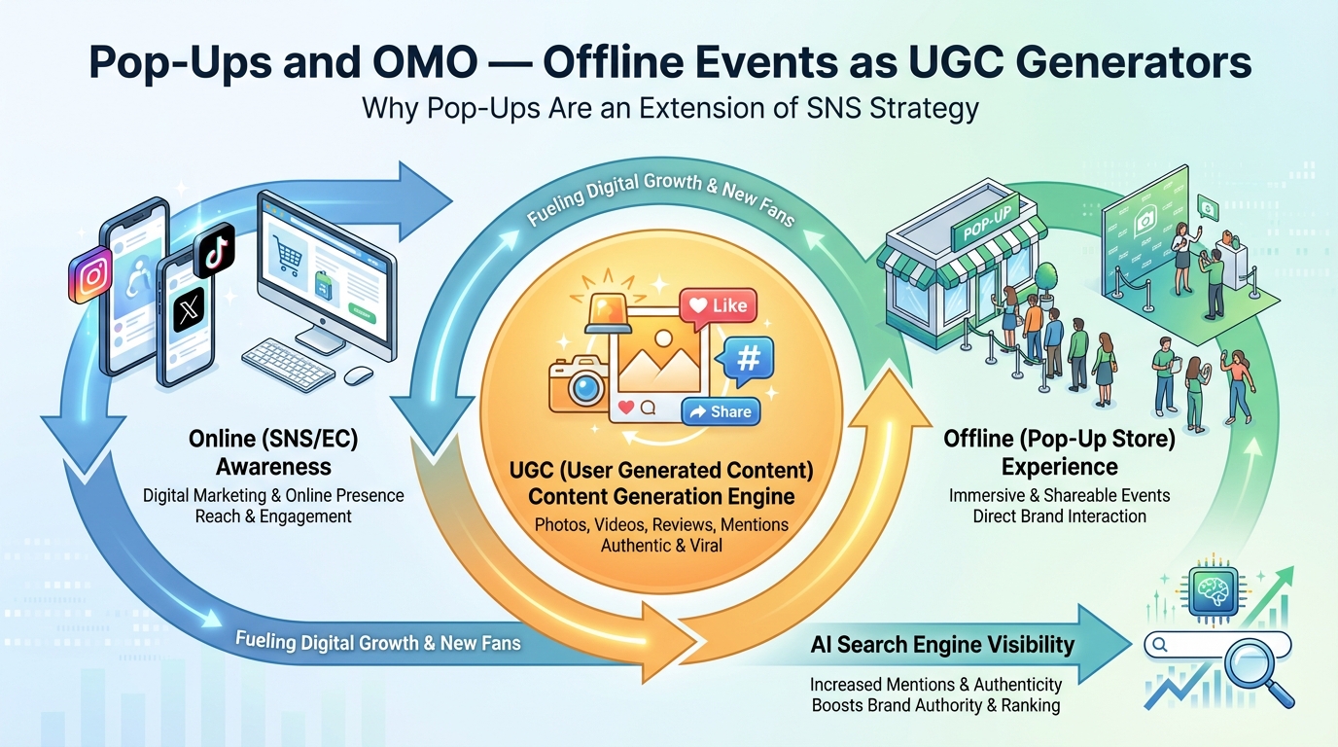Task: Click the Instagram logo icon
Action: (92, 275)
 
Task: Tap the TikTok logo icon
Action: (214, 252)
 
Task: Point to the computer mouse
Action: (359, 375)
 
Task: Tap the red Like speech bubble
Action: (715, 306)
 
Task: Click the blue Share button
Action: (720, 412)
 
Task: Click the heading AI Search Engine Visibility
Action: (942, 644)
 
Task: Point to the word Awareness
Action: (273, 466)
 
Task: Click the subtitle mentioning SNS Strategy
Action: (669, 107)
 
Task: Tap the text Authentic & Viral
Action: (661, 546)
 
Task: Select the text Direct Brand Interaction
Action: (1059, 516)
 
